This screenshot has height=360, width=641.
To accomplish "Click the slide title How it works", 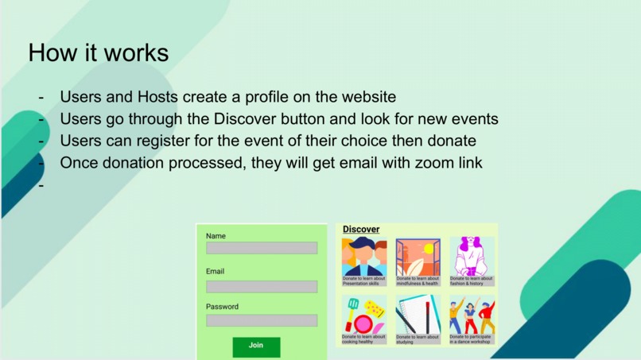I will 98,52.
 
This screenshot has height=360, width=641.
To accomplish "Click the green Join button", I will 256,346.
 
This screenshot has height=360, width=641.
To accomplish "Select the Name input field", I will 261,249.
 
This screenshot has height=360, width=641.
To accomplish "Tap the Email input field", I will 261,286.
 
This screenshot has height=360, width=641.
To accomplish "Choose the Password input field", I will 261,320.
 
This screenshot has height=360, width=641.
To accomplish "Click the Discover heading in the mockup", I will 361,230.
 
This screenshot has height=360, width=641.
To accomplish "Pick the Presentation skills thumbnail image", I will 364,257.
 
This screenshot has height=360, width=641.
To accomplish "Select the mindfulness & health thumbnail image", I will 418,257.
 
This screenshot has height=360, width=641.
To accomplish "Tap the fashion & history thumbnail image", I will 471,257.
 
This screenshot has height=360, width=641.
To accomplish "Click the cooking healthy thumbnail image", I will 364,315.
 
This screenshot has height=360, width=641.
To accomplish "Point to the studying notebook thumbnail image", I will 418,315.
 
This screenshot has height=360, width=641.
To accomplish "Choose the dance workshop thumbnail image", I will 471,315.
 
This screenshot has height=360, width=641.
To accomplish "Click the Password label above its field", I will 222,307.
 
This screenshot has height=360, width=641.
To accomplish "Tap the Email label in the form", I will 215,272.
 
